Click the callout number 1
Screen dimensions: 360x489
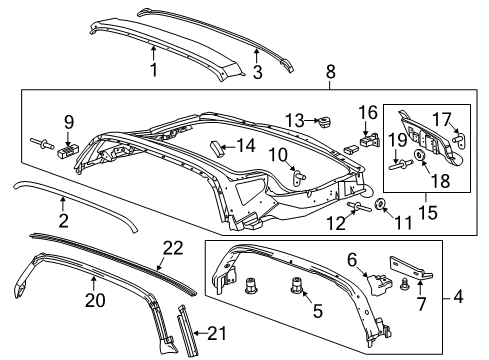pyautogui.click(x=154, y=70)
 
